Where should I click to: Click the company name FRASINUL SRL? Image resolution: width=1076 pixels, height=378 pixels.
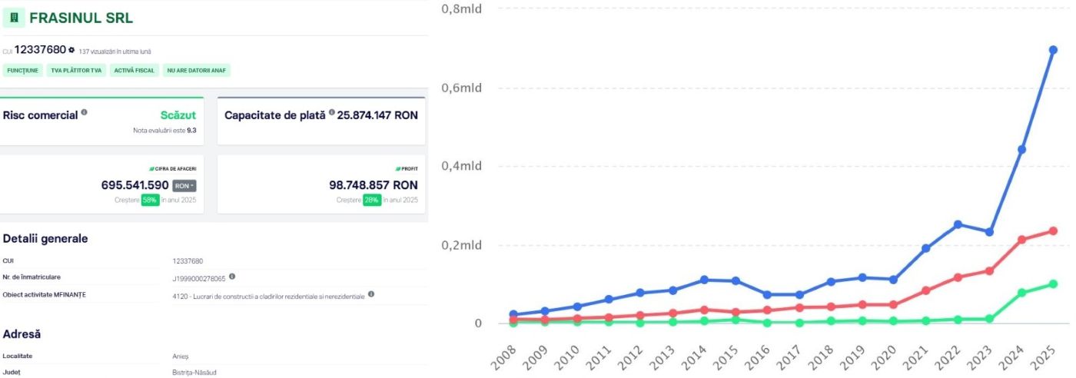point(81,18)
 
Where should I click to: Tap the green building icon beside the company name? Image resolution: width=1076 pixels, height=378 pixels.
point(14,18)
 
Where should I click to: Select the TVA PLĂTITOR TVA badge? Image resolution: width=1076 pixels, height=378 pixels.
point(76,71)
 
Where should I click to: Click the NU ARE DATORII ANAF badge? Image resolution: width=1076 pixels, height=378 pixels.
point(197,71)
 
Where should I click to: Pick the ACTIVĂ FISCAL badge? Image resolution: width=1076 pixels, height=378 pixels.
point(134,71)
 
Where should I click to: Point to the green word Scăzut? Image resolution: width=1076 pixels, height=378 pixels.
point(178,115)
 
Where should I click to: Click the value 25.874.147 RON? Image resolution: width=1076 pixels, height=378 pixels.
point(377,115)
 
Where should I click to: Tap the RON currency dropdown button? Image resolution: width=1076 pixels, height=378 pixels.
point(184,186)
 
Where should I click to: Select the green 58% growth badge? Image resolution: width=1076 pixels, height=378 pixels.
point(150,200)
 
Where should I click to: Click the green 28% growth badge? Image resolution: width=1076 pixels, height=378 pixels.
point(372,200)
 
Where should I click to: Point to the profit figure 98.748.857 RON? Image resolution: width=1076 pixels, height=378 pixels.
point(374,185)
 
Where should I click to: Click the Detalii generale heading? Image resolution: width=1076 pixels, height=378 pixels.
point(45,239)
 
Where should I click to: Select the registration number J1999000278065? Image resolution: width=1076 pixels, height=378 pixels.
point(199,279)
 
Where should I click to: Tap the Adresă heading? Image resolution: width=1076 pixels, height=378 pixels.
point(22,334)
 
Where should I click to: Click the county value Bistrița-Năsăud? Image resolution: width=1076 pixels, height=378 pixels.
point(194,372)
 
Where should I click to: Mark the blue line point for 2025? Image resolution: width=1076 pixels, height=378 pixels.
point(1053,50)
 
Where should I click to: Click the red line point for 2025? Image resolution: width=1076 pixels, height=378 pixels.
point(1053,231)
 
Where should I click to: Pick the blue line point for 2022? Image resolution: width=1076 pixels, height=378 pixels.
point(958,224)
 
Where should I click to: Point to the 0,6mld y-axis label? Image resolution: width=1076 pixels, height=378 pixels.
point(461,88)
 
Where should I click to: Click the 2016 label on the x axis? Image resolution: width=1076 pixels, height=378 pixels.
point(758,358)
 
